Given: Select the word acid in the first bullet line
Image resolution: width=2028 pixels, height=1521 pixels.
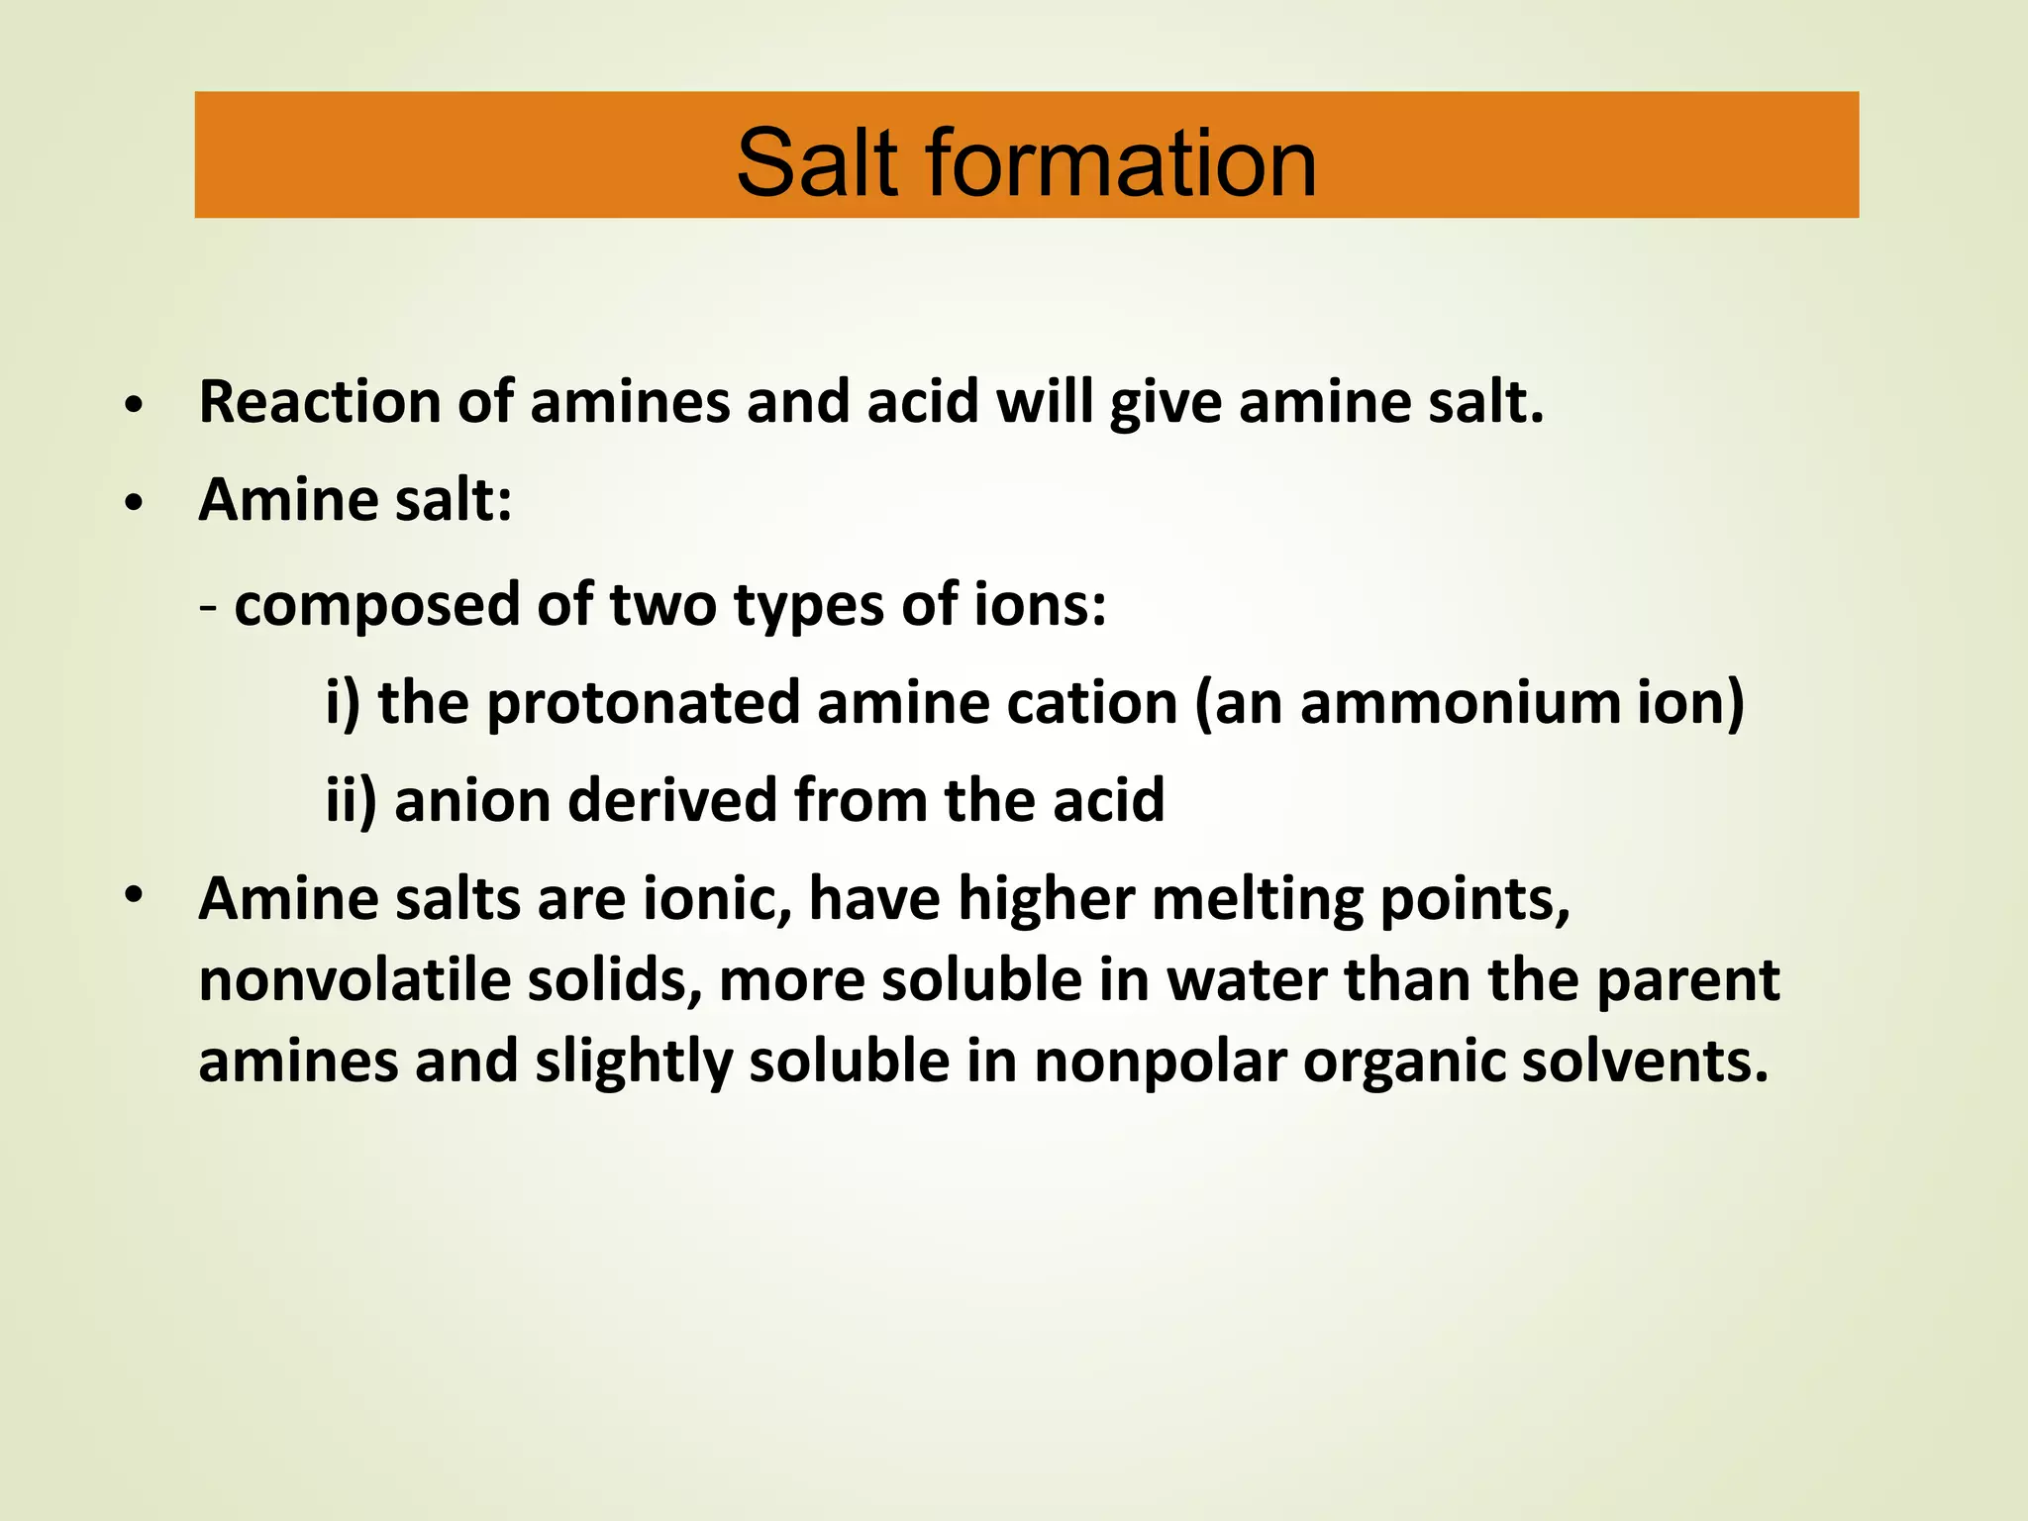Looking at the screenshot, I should coord(923,403).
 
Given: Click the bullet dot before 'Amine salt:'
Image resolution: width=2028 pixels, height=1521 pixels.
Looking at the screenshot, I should coord(135,504).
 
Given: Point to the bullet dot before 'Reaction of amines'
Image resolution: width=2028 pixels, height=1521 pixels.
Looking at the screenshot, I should coord(135,406).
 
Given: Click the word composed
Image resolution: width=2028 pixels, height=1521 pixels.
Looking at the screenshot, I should coord(376,606).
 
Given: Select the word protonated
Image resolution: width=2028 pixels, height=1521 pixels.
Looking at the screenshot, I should coord(643,704).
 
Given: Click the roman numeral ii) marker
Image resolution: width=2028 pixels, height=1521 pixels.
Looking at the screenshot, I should coord(351,800).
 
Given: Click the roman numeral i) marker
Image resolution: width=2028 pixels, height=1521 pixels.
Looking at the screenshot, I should coord(343,703).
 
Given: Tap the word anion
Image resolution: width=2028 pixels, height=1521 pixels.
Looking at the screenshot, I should coord(472,800).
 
